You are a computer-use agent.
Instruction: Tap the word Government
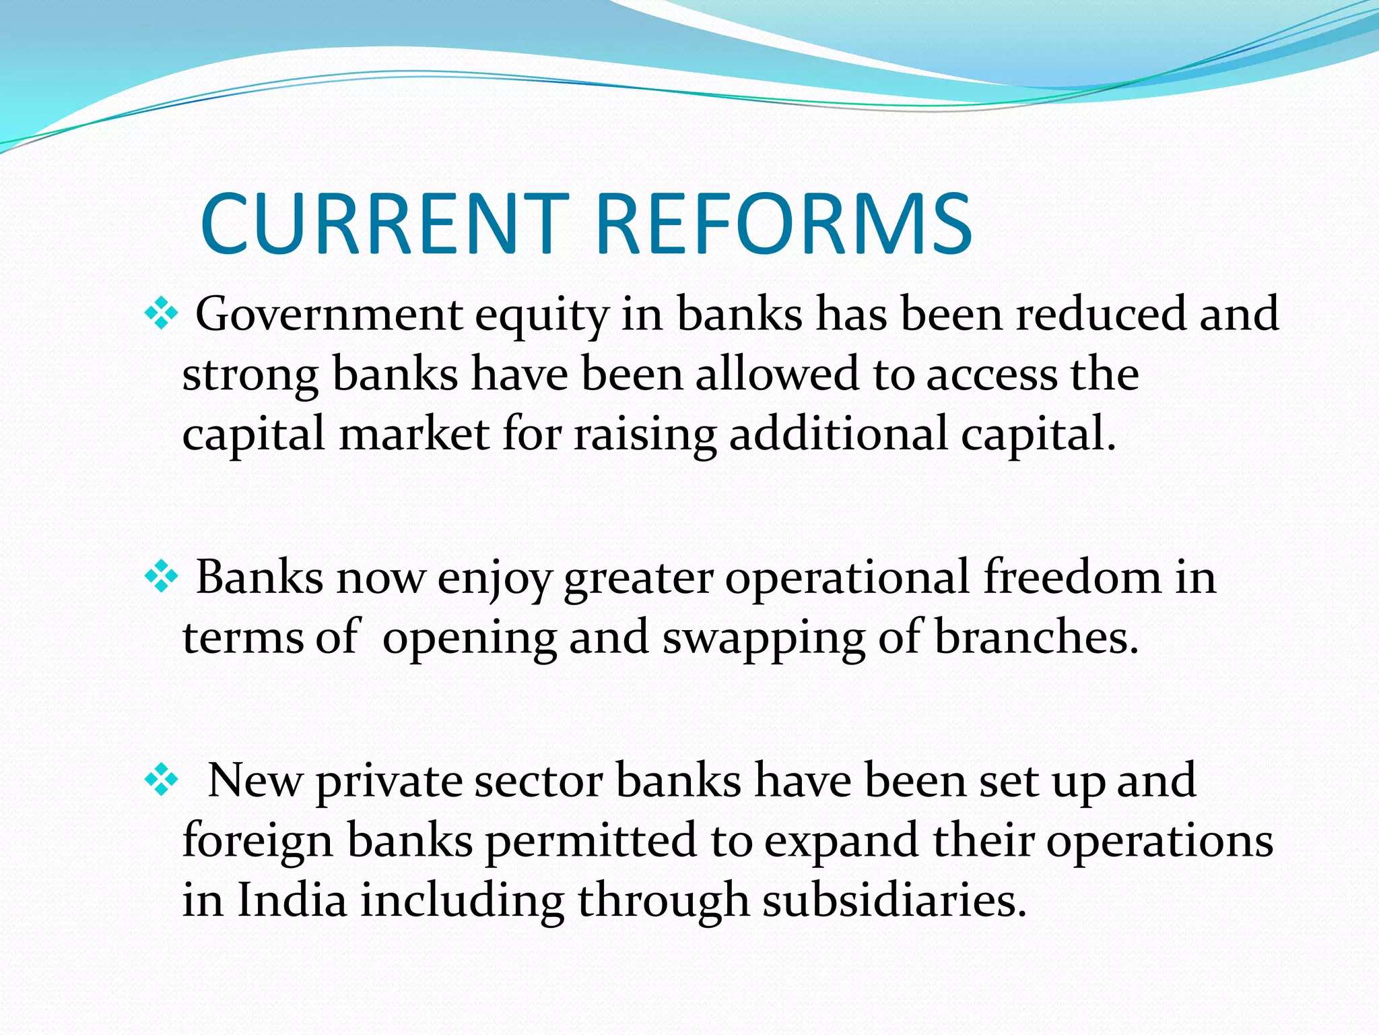tap(329, 314)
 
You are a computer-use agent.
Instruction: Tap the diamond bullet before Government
tap(162, 313)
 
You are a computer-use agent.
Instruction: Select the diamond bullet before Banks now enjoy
tap(162, 577)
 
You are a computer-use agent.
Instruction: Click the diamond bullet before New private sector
tap(162, 780)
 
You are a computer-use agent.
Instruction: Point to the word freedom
tap(1073, 577)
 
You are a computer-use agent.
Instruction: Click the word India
tap(292, 900)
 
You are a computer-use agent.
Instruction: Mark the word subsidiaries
tap(894, 900)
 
